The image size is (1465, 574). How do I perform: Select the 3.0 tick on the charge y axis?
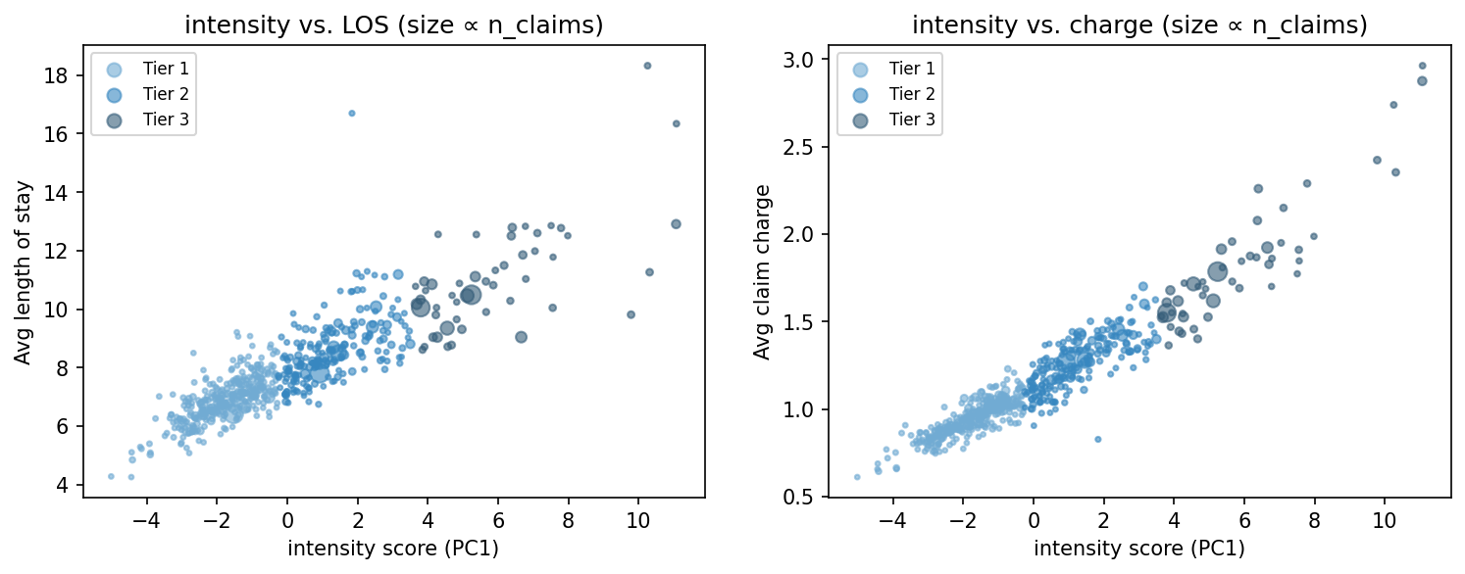[807, 60]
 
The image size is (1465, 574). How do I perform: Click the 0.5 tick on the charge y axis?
[807, 497]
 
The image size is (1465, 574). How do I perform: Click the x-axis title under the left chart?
[393, 549]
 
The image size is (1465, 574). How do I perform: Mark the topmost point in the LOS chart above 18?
[647, 66]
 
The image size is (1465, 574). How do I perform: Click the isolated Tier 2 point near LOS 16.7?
[352, 114]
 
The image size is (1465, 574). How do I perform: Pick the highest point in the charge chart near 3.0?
[1423, 66]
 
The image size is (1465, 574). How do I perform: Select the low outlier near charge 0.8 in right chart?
[1097, 440]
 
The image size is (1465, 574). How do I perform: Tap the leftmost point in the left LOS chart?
[111, 476]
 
